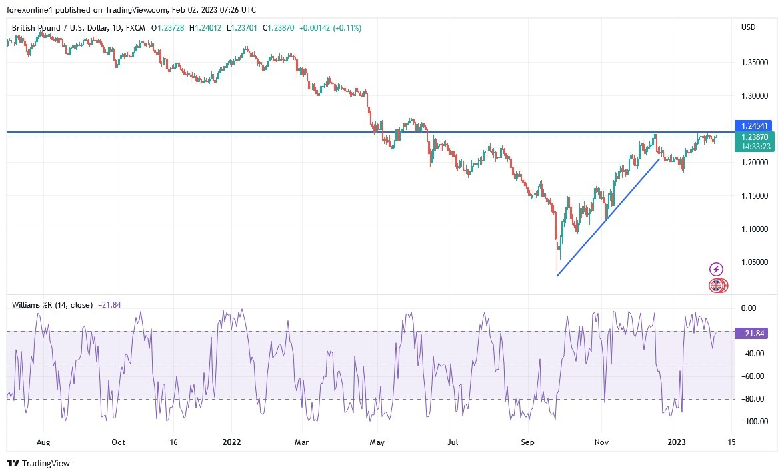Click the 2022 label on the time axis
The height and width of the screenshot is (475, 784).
click(231, 442)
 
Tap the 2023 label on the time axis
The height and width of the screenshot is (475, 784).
click(677, 442)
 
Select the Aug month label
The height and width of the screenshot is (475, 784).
click(43, 442)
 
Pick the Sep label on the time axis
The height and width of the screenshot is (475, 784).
click(528, 442)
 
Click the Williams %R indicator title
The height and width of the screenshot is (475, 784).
click(53, 305)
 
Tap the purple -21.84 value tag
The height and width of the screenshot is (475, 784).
click(751, 333)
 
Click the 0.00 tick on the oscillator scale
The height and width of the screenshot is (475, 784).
click(750, 308)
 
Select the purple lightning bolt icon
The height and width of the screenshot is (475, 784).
click(715, 269)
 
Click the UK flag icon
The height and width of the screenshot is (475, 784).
click(716, 286)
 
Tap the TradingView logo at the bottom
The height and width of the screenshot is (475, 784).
click(38, 463)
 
